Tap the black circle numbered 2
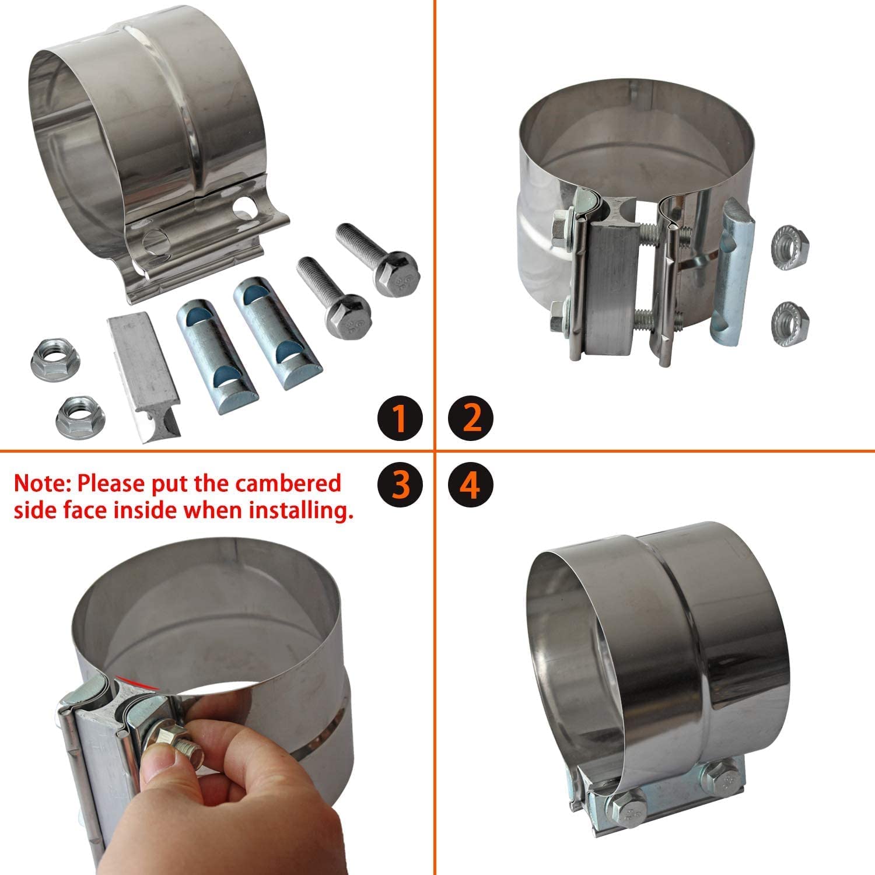pyautogui.click(x=471, y=418)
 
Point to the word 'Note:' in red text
pyautogui.click(x=43, y=483)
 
